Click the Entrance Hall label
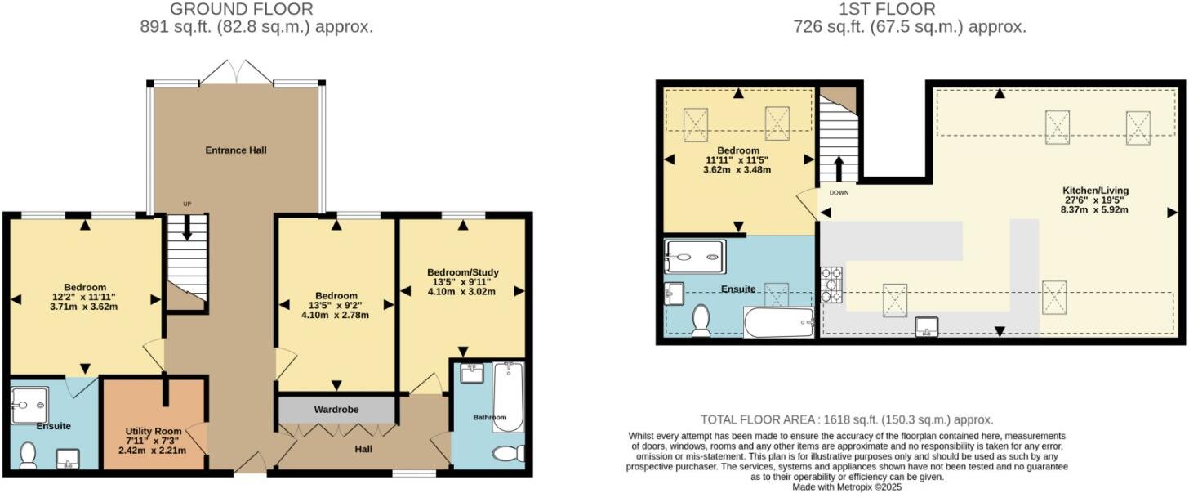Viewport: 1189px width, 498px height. pos(235,150)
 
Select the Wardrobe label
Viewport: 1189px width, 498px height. pos(337,409)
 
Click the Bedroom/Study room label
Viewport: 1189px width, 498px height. pos(462,272)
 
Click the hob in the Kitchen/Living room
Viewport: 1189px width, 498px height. pos(831,284)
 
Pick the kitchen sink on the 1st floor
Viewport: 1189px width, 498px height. pos(926,326)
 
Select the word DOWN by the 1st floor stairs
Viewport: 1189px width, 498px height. pos(839,194)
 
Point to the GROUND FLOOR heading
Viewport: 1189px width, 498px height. pos(241,10)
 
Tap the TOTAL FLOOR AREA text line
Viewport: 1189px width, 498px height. pos(846,419)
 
